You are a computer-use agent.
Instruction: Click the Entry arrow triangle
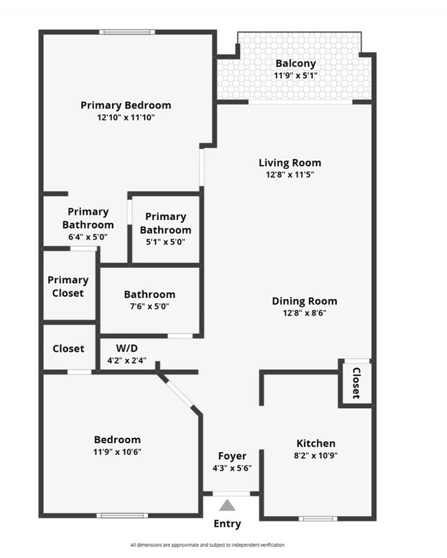click(227, 506)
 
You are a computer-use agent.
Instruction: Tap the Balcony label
click(295, 64)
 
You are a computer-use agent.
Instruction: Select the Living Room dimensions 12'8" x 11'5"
click(290, 175)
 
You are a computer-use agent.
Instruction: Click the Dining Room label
click(305, 301)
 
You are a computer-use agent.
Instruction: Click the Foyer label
click(232, 456)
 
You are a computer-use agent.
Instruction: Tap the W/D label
click(127, 348)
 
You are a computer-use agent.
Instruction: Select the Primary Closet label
click(68, 287)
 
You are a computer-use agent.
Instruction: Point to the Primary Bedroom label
click(126, 105)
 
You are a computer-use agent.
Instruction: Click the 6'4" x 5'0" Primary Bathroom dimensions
click(88, 237)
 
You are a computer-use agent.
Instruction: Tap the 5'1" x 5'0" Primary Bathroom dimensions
click(165, 242)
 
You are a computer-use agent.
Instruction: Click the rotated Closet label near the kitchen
click(356, 383)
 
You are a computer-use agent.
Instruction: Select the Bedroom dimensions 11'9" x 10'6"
click(118, 451)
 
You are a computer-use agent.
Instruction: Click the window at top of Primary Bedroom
click(126, 32)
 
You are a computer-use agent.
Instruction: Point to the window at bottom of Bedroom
click(122, 515)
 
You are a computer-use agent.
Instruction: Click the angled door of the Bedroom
click(180, 393)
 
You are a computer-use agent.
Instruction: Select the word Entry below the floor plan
click(228, 524)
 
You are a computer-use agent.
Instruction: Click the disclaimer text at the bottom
click(207, 545)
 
